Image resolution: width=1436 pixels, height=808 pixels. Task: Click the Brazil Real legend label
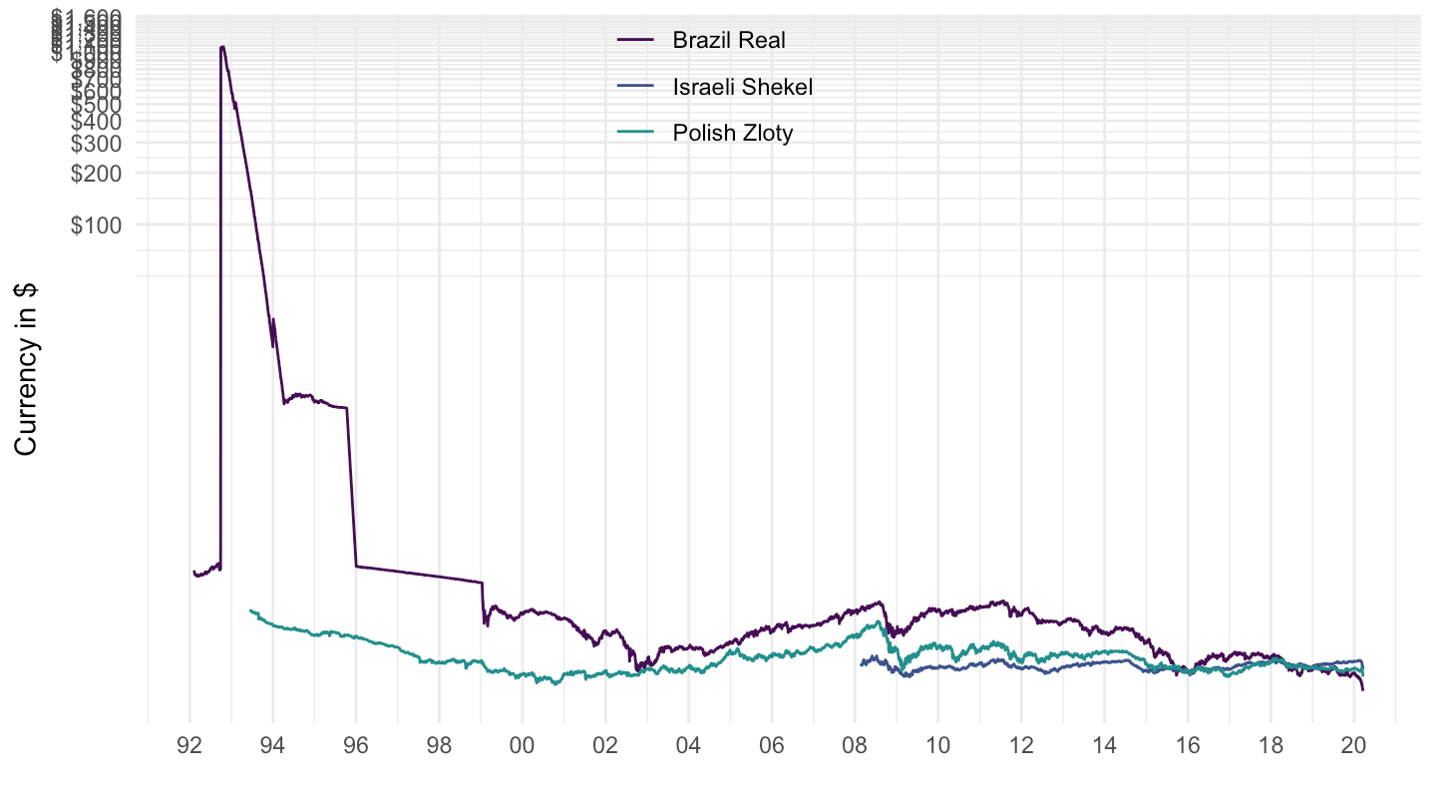(x=729, y=41)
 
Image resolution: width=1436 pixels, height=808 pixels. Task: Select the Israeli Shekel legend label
(x=743, y=87)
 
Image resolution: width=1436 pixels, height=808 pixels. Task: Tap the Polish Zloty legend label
(x=733, y=134)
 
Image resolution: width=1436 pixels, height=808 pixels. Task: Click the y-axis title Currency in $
(x=27, y=368)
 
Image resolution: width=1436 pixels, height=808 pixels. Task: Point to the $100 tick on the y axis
(x=97, y=225)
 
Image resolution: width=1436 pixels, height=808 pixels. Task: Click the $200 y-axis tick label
(x=97, y=173)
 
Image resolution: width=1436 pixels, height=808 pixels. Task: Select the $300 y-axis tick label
(x=97, y=143)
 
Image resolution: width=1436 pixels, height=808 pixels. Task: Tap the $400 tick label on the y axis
(x=97, y=121)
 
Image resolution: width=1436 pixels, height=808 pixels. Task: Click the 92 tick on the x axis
(x=189, y=744)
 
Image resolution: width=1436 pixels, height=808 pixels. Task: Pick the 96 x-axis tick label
(x=356, y=744)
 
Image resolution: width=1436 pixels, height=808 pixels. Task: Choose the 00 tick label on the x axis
(x=522, y=744)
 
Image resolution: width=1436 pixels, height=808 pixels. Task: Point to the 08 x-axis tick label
(x=855, y=744)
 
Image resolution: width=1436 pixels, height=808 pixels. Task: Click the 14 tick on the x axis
(x=1104, y=744)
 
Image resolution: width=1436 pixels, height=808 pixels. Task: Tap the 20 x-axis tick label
(x=1353, y=744)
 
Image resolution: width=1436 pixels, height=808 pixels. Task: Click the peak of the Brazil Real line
(x=222, y=46)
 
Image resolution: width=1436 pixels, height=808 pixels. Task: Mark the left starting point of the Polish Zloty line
(x=250, y=609)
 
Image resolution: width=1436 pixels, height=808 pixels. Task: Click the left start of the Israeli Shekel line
(x=862, y=663)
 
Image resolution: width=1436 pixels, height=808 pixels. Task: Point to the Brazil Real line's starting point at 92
(x=193, y=572)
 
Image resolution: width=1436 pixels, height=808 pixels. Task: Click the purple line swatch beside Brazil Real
(x=636, y=41)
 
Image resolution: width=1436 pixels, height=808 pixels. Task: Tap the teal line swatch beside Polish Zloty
(x=636, y=134)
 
